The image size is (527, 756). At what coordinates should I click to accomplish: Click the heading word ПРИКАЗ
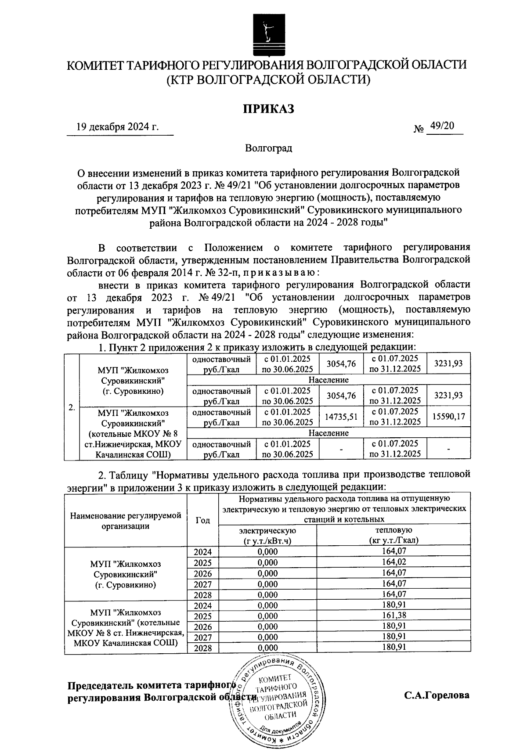tap(268, 108)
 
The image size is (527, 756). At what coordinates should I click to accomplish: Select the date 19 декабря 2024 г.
tap(117, 128)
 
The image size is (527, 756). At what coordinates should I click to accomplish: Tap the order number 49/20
tap(442, 126)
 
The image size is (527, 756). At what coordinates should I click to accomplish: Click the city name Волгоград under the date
tap(268, 148)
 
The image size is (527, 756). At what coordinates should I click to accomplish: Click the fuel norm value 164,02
tap(393, 562)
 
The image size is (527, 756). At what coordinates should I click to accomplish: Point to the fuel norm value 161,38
tap(393, 616)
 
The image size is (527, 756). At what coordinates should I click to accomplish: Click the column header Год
tap(202, 520)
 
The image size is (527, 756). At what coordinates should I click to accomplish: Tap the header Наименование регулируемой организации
tap(126, 520)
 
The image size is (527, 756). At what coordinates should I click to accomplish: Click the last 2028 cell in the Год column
tap(202, 648)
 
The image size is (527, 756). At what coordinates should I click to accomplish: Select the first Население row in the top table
tap(328, 380)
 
